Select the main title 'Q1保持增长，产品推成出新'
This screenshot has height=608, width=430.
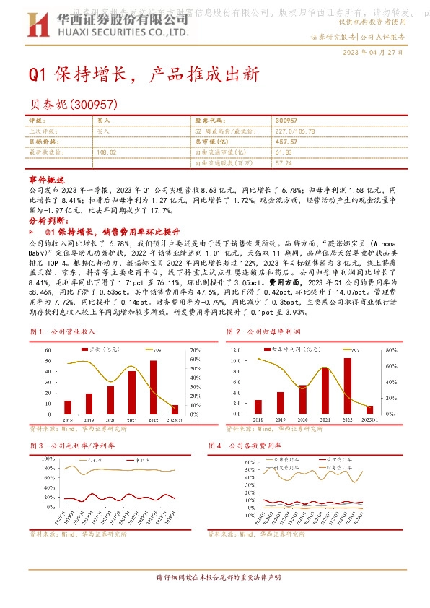[143, 75]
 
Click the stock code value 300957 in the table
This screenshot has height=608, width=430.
[286, 121]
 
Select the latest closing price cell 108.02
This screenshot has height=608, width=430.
[106, 152]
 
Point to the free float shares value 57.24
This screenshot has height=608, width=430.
[283, 163]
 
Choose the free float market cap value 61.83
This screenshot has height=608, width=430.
[283, 152]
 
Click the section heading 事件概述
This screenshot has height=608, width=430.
[47, 179]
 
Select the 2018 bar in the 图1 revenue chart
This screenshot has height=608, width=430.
[68, 407]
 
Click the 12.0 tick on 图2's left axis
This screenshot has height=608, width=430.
[235, 350]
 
